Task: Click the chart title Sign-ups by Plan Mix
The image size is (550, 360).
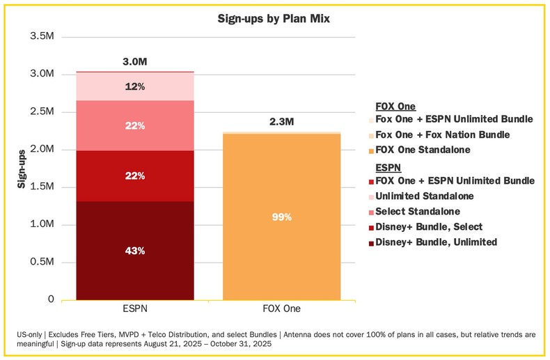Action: click(x=274, y=19)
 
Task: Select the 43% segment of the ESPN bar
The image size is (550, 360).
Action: click(x=135, y=251)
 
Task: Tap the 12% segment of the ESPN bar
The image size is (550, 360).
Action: click(x=135, y=86)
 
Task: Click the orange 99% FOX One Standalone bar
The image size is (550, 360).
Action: click(x=282, y=217)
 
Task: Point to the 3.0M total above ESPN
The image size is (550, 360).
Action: click(x=135, y=61)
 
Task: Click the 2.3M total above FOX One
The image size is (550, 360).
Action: click(x=282, y=122)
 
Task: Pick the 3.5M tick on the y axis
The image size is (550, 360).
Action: click(x=40, y=36)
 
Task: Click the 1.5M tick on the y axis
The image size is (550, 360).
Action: click(x=40, y=187)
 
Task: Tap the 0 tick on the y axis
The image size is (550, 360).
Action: click(x=49, y=299)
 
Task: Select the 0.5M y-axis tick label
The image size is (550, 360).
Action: click(x=40, y=262)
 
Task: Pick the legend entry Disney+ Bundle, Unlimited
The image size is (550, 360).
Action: click(x=436, y=242)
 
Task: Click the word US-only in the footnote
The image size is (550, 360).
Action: click(x=32, y=335)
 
